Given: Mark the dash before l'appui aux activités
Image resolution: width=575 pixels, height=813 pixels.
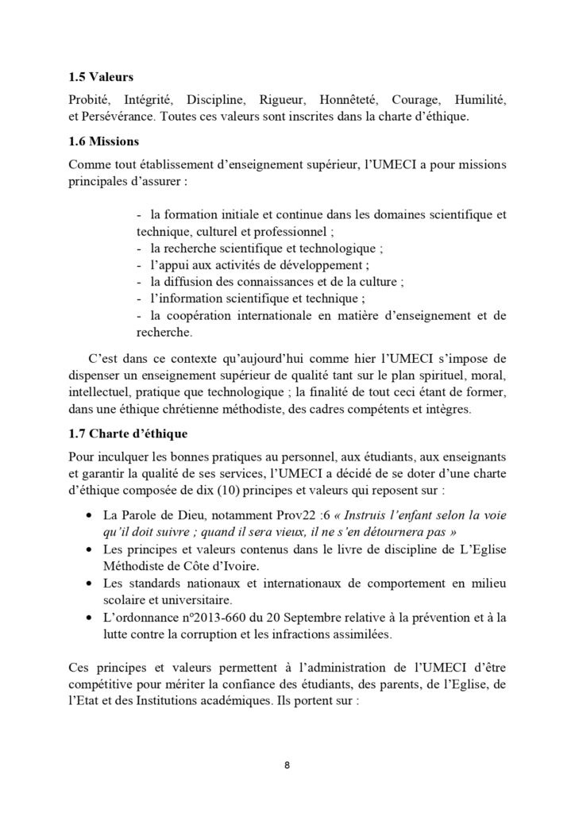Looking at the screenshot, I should [141, 264].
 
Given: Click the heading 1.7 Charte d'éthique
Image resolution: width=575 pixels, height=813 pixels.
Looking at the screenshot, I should [127, 432].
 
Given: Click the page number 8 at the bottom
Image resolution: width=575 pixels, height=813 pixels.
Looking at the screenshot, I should [287, 766].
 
